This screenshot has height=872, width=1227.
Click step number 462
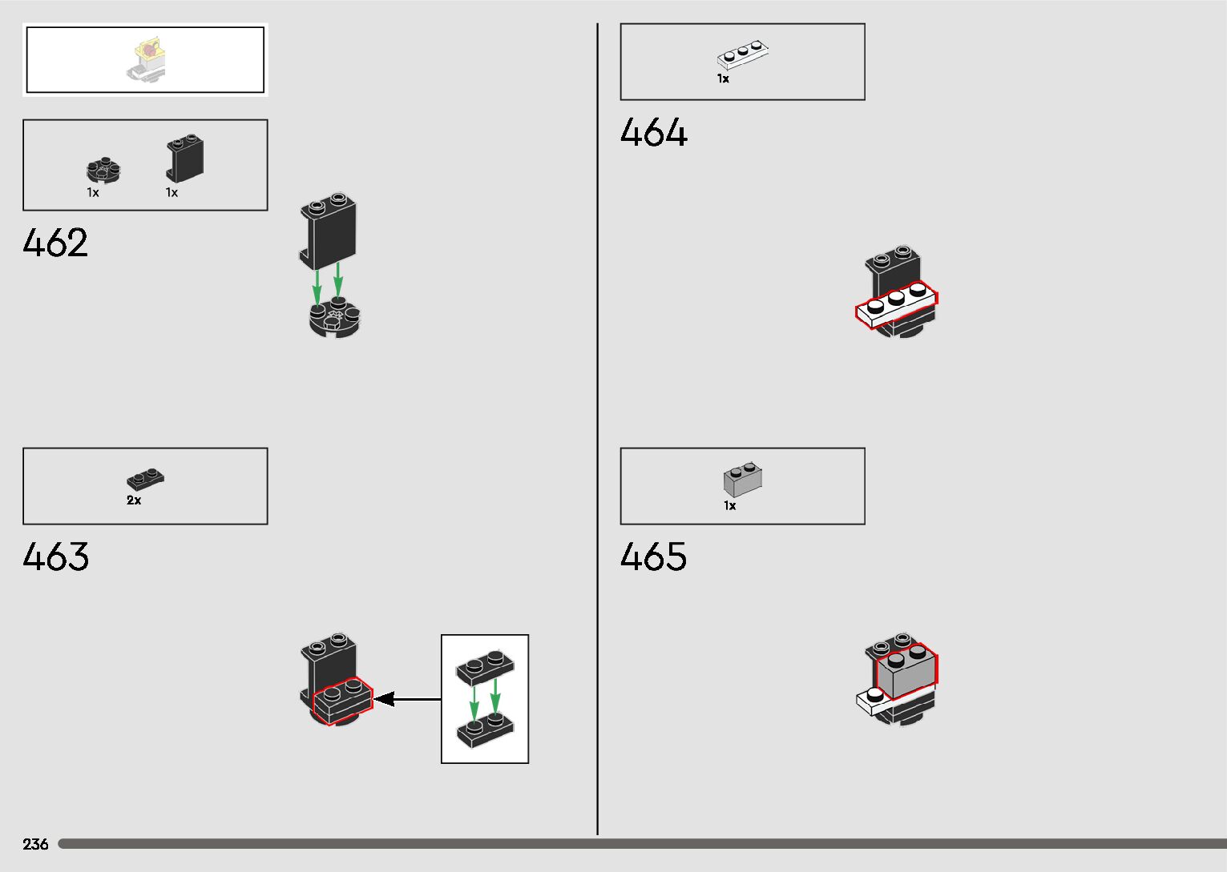[x=55, y=243]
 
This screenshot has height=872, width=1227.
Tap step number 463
[x=55, y=557]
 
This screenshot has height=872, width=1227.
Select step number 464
[x=653, y=132]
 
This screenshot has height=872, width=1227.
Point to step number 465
[x=653, y=557]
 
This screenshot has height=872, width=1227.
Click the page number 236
[x=35, y=844]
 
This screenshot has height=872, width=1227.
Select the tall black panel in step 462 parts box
[x=185, y=159]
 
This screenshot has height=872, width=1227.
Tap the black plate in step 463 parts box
[x=145, y=479]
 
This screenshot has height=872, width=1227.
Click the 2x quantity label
[x=134, y=500]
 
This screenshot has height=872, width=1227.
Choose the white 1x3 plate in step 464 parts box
[x=742, y=56]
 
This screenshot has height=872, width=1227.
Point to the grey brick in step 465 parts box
[x=743, y=480]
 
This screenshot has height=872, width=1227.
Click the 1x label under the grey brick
[x=729, y=506]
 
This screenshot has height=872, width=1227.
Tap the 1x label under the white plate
[x=723, y=79]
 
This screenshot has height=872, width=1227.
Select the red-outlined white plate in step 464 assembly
[x=895, y=305]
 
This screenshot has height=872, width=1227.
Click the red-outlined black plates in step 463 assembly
[x=343, y=701]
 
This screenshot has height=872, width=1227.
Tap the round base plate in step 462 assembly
[x=335, y=319]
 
